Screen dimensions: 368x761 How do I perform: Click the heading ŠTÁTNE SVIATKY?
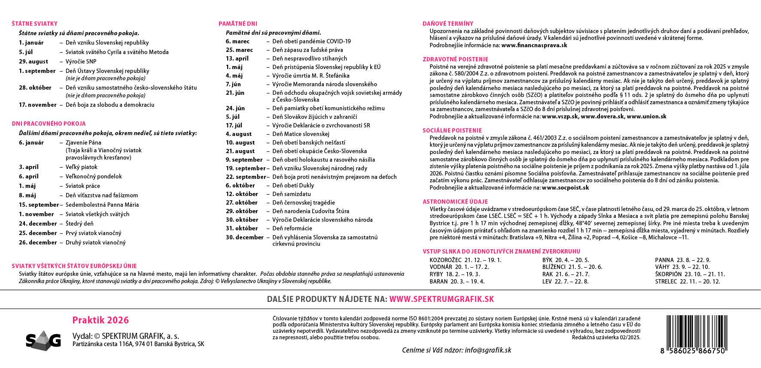34,24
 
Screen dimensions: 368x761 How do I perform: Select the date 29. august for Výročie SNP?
33,61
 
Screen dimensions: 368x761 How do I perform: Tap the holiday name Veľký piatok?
82,167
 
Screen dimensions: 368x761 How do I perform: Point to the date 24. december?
38,223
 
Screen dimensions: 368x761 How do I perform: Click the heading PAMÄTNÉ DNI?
238,24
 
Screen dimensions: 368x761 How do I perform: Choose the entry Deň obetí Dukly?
293,185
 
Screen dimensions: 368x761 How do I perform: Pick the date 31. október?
242,228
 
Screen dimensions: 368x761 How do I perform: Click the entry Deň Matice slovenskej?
301,134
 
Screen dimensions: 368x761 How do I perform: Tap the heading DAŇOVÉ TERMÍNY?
448,24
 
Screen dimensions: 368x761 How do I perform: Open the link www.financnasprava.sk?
534,45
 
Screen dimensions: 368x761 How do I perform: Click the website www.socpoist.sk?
565,187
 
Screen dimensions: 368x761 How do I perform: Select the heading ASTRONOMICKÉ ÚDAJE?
455,202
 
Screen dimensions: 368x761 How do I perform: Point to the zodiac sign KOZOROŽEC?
445,260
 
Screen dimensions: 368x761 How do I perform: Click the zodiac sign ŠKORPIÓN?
668,274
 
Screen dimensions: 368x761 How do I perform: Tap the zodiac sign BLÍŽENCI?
554,267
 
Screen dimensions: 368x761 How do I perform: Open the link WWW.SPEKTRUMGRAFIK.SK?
441,299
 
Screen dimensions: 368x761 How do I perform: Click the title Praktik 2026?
100,320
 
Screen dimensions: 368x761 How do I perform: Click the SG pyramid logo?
43,340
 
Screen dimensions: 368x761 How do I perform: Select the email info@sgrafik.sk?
488,350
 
